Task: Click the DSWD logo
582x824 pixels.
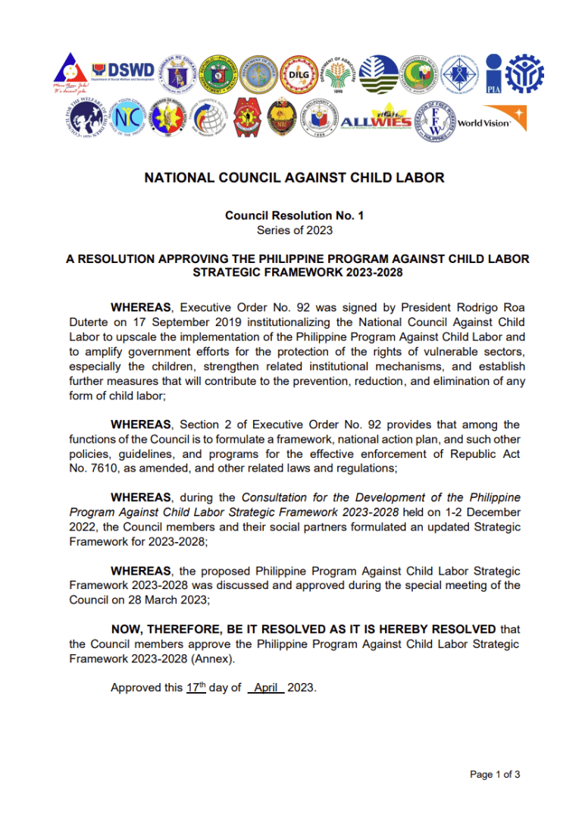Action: [122, 72]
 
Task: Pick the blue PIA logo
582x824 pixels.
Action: [493, 74]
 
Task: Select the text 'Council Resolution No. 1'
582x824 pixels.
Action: [294, 216]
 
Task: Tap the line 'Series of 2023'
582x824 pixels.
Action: [294, 230]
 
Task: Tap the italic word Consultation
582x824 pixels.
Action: [275, 498]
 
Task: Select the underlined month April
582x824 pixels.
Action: [265, 688]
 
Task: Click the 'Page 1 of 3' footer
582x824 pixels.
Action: [495, 774]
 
